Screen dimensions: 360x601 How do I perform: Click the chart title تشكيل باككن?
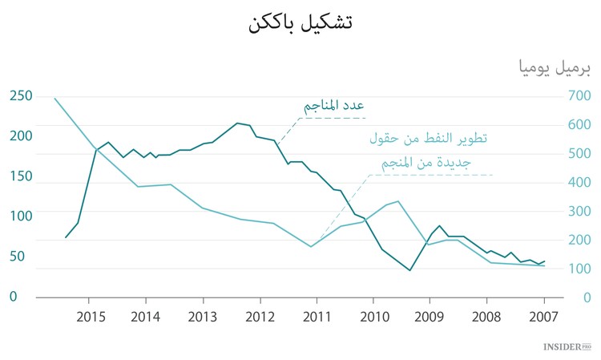[x=300, y=22]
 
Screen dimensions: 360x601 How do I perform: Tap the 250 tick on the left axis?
[x=21, y=96]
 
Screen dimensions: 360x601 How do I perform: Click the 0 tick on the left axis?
[x=13, y=297]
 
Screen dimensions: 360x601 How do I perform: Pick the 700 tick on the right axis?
[x=577, y=96]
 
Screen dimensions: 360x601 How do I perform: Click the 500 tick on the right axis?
[x=577, y=154]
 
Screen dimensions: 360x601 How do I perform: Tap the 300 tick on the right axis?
[x=577, y=212]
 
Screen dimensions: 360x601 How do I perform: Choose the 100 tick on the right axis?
[x=577, y=269]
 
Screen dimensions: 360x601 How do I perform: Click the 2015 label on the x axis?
[x=91, y=316]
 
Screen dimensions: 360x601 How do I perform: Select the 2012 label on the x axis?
[x=260, y=316]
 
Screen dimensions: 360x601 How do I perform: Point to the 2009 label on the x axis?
[x=430, y=316]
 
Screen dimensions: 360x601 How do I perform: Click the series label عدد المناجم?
[x=334, y=106]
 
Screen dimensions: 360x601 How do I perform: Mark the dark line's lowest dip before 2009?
[x=410, y=270]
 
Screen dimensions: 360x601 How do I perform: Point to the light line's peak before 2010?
[x=398, y=201]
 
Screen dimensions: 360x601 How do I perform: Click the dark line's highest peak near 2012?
[x=237, y=123]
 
